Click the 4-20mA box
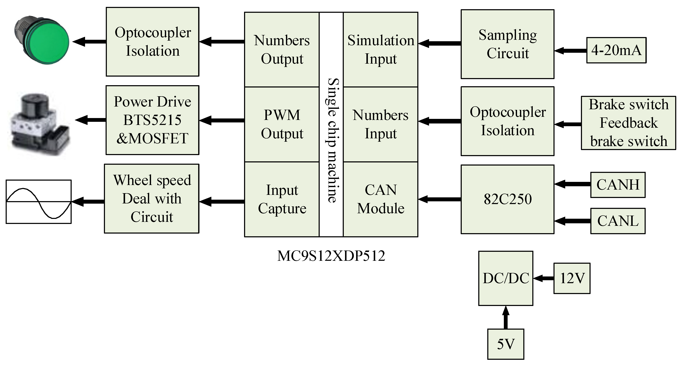(616, 50)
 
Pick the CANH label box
(618, 185)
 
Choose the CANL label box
(618, 221)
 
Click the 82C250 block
(507, 199)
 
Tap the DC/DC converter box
(506, 278)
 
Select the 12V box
(572, 278)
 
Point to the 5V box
(506, 344)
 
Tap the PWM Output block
(282, 124)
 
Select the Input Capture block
(282, 199)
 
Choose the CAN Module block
(380, 199)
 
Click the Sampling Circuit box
(507, 44)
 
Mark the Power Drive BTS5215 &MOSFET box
(153, 120)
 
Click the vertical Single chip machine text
(331, 141)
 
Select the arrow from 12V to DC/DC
(543, 278)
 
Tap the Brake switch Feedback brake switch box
(628, 123)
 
